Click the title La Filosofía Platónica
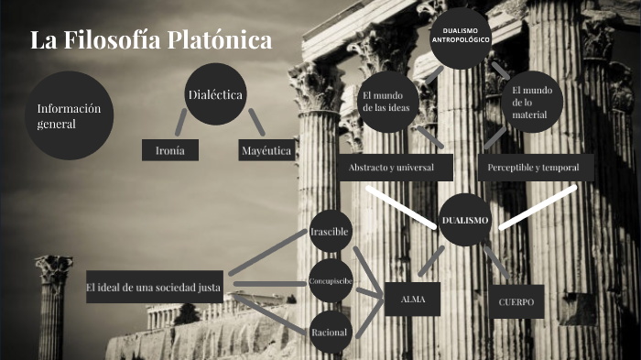coord(151,41)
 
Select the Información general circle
coord(67,115)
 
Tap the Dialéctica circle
coord(214,95)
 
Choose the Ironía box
coord(170,150)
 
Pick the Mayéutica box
coord(266,150)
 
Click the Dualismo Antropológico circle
coord(461,38)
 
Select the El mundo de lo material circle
coord(530,102)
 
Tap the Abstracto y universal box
coord(385,168)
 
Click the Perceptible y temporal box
coord(535,168)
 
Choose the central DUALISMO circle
coord(465,221)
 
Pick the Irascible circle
coord(330,232)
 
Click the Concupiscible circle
coord(330,281)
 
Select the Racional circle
coord(330,332)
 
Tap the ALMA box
coord(413,299)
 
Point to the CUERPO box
coord(516,300)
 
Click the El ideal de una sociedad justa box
coord(155,288)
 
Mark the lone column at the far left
coord(53,307)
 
